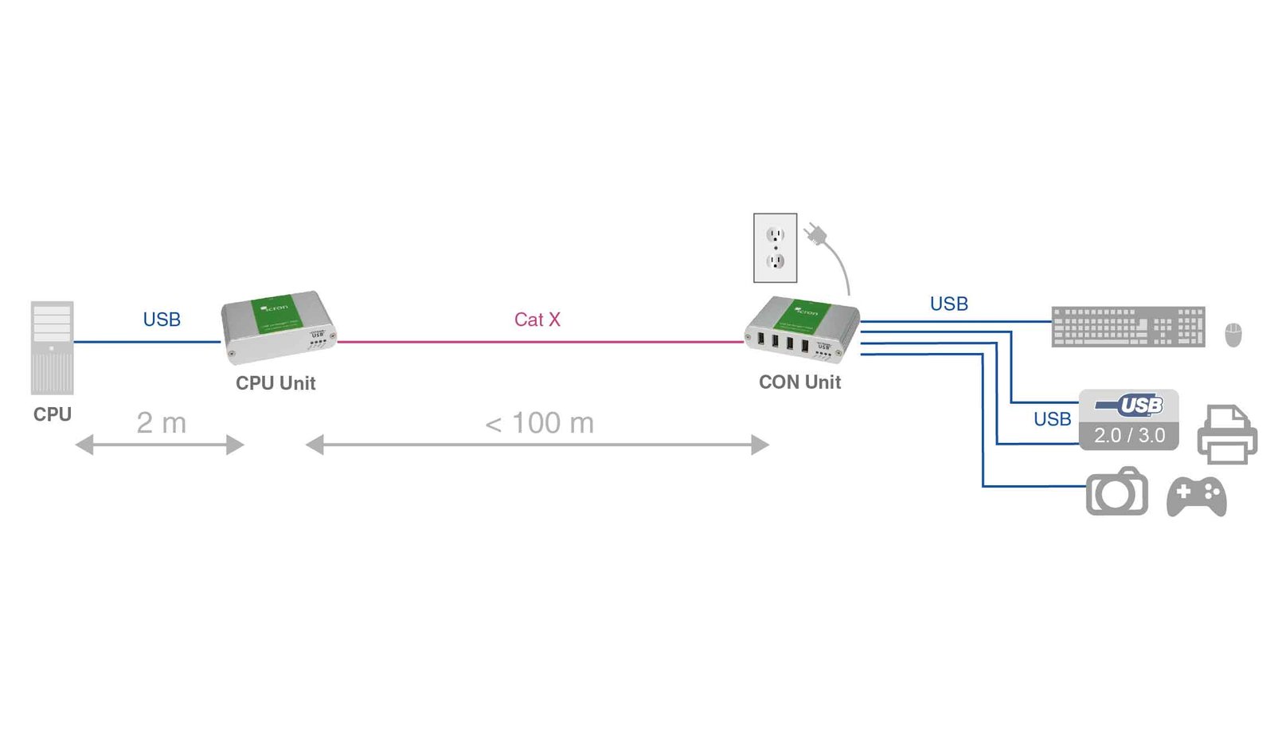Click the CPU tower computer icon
click(x=52, y=347)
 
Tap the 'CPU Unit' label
click(x=276, y=383)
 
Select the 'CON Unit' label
click(x=799, y=382)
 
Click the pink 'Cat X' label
click(x=537, y=320)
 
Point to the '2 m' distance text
click(x=161, y=423)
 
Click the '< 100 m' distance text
click(x=539, y=423)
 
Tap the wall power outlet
click(x=775, y=248)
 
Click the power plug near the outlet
click(x=816, y=235)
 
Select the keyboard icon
click(x=1127, y=327)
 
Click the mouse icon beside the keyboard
click(x=1233, y=335)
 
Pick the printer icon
click(x=1227, y=434)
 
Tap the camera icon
click(x=1116, y=492)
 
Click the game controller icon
click(x=1196, y=496)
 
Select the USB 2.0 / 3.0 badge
click(x=1128, y=420)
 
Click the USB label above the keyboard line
click(x=948, y=304)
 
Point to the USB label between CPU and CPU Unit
click(x=162, y=320)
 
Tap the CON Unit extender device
click(x=802, y=328)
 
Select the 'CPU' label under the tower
click(x=52, y=414)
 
